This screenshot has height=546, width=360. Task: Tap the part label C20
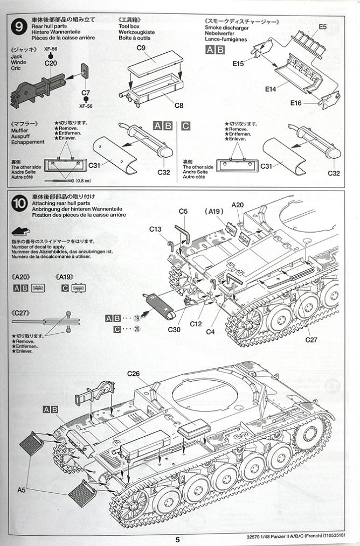point(51,63)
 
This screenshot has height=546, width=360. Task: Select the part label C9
point(142,48)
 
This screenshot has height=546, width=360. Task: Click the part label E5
point(322,26)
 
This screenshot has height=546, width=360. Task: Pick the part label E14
point(271,88)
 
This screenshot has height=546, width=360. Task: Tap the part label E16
point(296,103)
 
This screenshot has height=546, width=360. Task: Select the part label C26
point(134,374)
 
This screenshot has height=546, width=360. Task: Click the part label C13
point(155,229)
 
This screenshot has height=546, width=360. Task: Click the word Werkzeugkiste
point(136,32)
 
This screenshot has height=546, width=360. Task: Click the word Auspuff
point(22,136)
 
